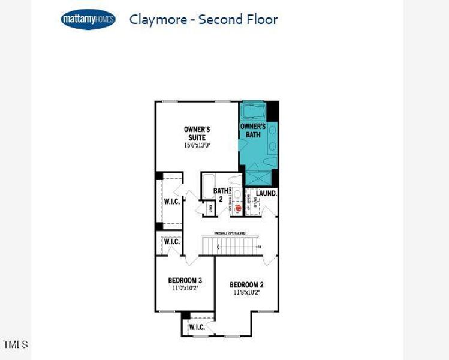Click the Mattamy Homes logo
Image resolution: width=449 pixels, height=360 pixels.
[88, 20]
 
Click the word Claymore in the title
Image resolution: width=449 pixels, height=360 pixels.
[155, 19]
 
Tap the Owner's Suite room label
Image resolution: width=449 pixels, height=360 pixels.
[197, 133]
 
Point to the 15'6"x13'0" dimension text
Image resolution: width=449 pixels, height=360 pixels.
[197, 145]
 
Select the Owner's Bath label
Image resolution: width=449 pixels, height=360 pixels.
[253, 131]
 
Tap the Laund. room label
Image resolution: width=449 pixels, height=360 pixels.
[266, 193]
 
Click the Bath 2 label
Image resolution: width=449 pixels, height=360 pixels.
[221, 196]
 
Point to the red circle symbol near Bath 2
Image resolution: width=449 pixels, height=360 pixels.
[237, 208]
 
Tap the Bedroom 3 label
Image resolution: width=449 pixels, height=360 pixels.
[185, 280]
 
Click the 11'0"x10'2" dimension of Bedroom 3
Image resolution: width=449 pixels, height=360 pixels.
[185, 288]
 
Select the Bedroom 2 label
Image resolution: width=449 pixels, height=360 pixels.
[246, 285]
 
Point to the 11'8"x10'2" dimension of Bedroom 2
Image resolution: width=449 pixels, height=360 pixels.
[246, 293]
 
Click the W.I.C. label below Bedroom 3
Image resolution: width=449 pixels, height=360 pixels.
[197, 327]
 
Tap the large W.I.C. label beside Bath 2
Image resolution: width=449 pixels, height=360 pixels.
[172, 202]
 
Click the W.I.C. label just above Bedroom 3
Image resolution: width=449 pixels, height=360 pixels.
[172, 242]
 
